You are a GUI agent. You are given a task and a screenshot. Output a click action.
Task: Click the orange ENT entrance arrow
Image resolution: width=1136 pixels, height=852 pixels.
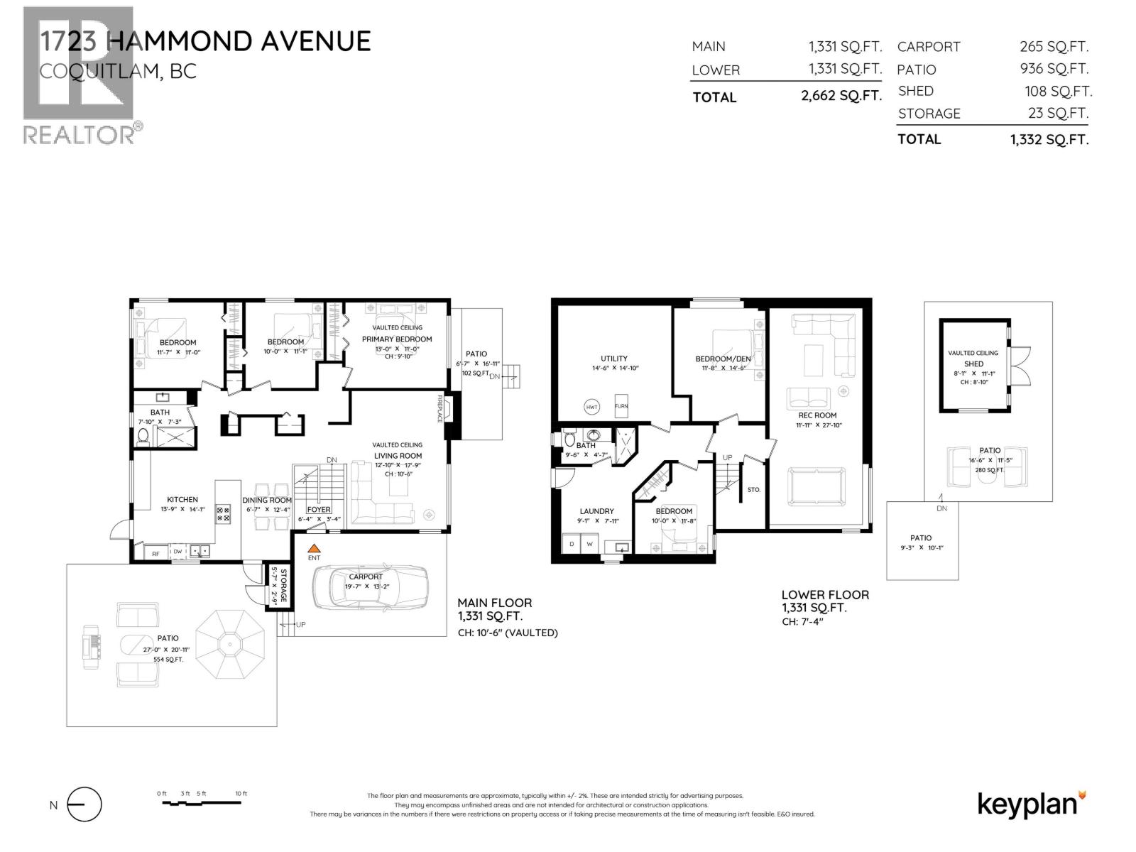314,548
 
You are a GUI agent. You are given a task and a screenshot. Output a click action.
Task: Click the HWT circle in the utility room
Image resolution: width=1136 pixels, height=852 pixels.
591,407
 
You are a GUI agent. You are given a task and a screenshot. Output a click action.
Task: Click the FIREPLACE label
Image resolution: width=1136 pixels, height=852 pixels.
440,408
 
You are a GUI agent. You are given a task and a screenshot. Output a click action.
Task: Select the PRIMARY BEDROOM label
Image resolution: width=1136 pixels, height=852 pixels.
397,339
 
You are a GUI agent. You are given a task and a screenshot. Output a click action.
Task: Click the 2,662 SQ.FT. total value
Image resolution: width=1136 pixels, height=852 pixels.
841,96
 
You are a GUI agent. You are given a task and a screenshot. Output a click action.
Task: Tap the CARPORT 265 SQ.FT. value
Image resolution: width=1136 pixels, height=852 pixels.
1054,47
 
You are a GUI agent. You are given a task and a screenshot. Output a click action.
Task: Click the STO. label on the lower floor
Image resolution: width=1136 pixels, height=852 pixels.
754,490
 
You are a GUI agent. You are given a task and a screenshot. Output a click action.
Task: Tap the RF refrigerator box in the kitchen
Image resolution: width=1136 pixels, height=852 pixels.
155,552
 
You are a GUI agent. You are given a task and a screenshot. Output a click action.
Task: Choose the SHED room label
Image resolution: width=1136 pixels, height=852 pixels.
973,364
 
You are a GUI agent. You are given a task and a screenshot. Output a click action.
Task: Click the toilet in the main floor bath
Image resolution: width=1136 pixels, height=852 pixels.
144,435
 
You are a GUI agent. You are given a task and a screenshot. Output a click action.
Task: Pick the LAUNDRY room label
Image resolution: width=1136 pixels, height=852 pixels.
596,511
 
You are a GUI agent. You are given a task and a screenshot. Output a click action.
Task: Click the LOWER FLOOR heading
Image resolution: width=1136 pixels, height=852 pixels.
825,595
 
